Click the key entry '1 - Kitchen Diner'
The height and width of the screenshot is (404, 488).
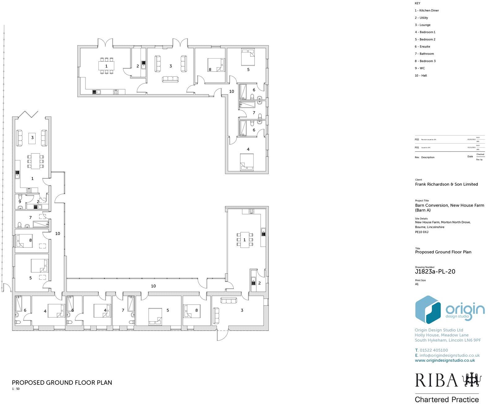[427, 11]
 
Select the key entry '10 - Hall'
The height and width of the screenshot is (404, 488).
[421, 76]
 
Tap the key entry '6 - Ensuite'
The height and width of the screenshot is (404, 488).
[422, 47]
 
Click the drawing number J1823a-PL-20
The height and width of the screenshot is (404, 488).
[435, 272]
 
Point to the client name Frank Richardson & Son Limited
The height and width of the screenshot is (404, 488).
[446, 184]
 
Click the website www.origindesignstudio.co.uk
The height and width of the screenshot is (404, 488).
[445, 360]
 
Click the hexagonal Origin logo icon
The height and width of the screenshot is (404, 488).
[428, 310]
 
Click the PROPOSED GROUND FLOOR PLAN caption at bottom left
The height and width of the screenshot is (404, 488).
[62, 383]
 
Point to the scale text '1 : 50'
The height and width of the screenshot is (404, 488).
[15, 389]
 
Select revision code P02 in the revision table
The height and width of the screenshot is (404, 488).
[417, 140]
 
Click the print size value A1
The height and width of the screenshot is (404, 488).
[416, 284]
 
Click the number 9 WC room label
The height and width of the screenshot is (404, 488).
[20, 202]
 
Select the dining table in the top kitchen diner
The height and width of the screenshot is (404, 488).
[106, 66]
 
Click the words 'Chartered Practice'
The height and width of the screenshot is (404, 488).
[447, 399]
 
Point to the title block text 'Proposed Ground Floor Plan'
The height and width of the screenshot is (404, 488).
[443, 252]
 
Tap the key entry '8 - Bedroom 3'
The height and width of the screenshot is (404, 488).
[425, 61]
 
